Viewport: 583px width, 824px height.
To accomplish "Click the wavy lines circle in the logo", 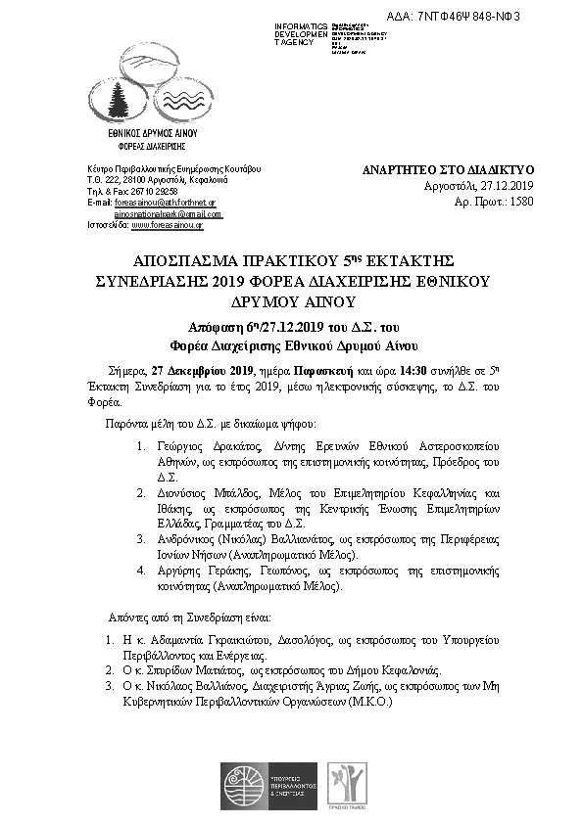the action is pos(180,94).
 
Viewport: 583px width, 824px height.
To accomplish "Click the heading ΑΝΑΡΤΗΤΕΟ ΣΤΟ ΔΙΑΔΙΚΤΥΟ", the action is pos(448,168).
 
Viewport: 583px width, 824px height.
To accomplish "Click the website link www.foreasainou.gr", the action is pos(167,225).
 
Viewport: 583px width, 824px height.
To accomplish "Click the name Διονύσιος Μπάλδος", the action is pos(207,494).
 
